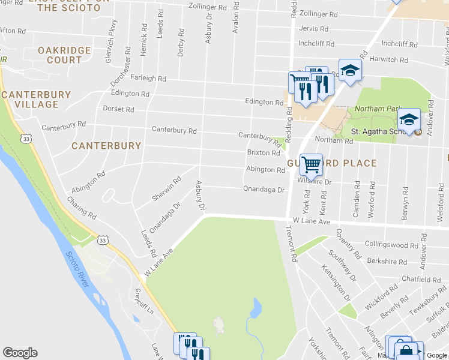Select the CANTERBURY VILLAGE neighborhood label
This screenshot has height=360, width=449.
tap(36, 100)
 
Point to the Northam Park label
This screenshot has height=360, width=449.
tap(377, 109)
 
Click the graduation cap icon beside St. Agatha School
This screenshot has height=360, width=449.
tap(409, 119)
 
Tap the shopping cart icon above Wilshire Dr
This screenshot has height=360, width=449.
tap(311, 163)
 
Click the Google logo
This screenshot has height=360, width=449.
tap(20, 353)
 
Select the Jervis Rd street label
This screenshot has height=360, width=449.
tap(313, 29)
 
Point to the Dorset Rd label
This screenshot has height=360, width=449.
tap(118, 109)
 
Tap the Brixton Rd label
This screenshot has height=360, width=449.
tap(264, 153)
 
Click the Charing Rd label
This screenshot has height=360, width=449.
tap(81, 208)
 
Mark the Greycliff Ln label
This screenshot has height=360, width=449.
tap(144, 304)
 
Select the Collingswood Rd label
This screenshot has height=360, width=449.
tap(391, 245)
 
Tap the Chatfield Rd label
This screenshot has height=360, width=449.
tap(421, 280)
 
